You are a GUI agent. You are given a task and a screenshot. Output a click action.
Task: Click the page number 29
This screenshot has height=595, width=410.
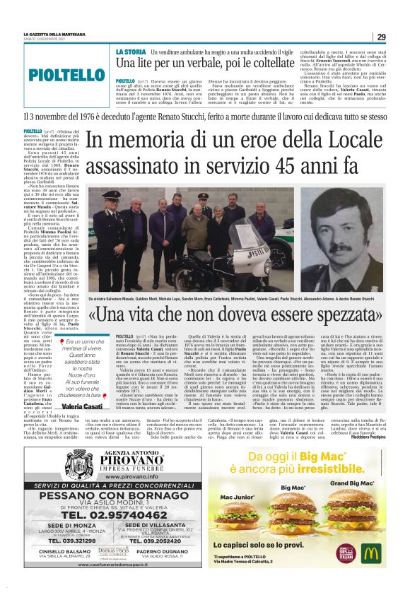[381, 37]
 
